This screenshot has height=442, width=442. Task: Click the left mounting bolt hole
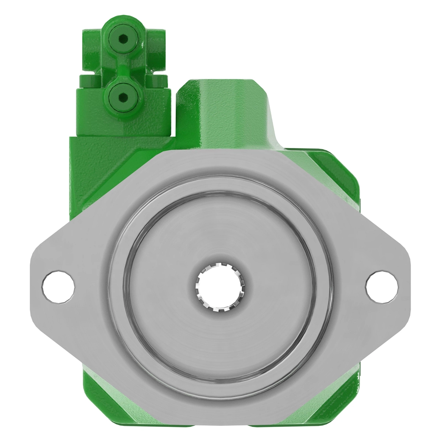tap(59, 287)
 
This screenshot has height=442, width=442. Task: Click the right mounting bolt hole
tap(382, 287)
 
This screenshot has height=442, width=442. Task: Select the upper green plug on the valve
tap(123, 38)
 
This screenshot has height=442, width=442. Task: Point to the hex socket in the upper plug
tap(123, 38)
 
